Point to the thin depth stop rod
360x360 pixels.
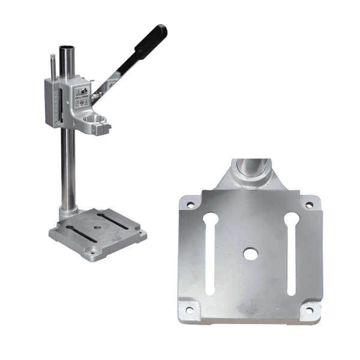[x=52, y=68]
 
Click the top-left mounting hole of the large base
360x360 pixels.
[x=191, y=204]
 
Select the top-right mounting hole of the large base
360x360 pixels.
[x=309, y=205]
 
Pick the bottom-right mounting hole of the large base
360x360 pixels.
[x=310, y=310]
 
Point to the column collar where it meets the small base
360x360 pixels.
[x=67, y=213]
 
